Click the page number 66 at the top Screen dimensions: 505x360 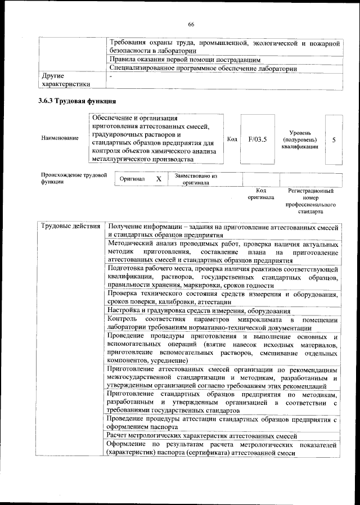point(191,24)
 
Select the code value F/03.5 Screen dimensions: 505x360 point(256,138)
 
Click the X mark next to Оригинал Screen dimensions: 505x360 point(159,179)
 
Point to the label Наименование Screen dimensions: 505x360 point(60,138)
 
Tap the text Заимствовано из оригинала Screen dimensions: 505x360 point(196,179)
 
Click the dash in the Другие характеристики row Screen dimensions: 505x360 point(111,75)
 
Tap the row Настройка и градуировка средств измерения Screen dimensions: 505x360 point(200,311)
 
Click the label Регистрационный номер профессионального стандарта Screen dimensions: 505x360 point(310,202)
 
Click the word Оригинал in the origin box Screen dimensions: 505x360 point(133,179)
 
